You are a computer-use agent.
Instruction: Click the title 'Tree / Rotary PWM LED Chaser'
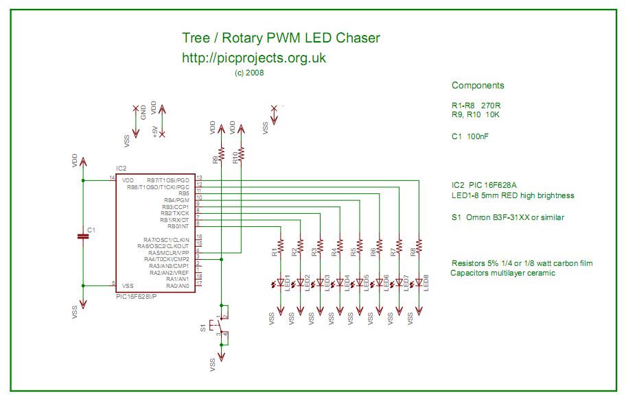click(280, 38)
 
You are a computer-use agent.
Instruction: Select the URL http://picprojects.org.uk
click(253, 58)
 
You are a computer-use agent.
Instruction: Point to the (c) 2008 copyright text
click(248, 72)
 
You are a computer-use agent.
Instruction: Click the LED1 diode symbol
click(281, 282)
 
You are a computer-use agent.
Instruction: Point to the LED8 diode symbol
click(419, 282)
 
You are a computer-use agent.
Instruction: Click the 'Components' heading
click(478, 86)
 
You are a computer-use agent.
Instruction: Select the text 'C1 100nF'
click(470, 136)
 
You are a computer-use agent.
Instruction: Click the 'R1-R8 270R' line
click(476, 106)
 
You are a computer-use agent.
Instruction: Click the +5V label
click(154, 130)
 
